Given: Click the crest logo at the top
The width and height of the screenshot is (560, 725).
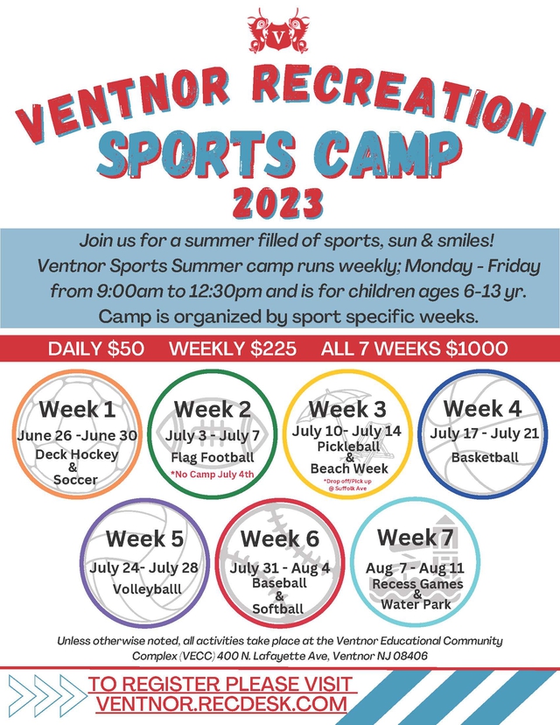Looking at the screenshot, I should pyautogui.click(x=279, y=33).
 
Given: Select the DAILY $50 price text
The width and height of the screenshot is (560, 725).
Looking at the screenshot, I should pyautogui.click(x=98, y=348).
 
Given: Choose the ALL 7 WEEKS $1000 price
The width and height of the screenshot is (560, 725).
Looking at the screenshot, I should pyautogui.click(x=414, y=348).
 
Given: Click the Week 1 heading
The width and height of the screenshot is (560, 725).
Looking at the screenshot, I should pyautogui.click(x=77, y=409).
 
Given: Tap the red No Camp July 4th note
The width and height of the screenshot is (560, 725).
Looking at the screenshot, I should pyautogui.click(x=213, y=475).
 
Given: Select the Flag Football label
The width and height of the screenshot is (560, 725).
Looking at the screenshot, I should pyautogui.click(x=213, y=457).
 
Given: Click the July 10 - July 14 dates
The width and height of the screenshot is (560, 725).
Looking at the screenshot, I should pyautogui.click(x=347, y=432).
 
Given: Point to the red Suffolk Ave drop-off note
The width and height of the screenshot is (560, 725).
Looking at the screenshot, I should pyautogui.click(x=348, y=485).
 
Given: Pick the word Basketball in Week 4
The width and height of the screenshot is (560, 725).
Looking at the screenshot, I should pyautogui.click(x=485, y=457).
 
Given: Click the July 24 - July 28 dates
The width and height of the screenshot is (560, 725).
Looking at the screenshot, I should pyautogui.click(x=144, y=567).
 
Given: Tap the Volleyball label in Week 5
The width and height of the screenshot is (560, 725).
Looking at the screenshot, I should pyautogui.click(x=147, y=589).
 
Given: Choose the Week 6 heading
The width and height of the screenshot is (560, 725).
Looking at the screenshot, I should pyautogui.click(x=279, y=538).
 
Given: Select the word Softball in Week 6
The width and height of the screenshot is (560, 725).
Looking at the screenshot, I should pyautogui.click(x=277, y=609).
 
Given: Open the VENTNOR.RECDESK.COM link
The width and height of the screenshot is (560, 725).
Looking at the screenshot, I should pyautogui.click(x=222, y=704).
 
